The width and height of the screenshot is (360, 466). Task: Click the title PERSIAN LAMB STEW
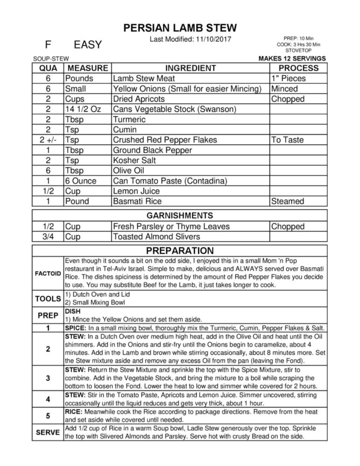click(180, 28)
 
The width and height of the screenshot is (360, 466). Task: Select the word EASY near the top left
click(88, 45)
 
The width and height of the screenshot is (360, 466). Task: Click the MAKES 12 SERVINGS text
click(292, 58)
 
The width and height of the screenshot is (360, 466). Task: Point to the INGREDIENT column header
click(191, 68)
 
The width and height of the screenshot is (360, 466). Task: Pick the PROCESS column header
click(298, 68)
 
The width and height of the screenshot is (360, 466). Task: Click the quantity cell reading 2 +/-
click(48, 140)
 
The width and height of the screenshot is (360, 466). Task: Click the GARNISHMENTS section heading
click(180, 215)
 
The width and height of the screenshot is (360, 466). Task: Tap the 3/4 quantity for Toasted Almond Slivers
click(48, 237)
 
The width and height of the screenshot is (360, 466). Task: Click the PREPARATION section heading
click(180, 251)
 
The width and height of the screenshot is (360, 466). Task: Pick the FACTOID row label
click(48, 274)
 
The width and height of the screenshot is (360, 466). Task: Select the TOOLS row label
click(48, 299)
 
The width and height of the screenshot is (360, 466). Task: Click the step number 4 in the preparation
click(48, 399)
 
